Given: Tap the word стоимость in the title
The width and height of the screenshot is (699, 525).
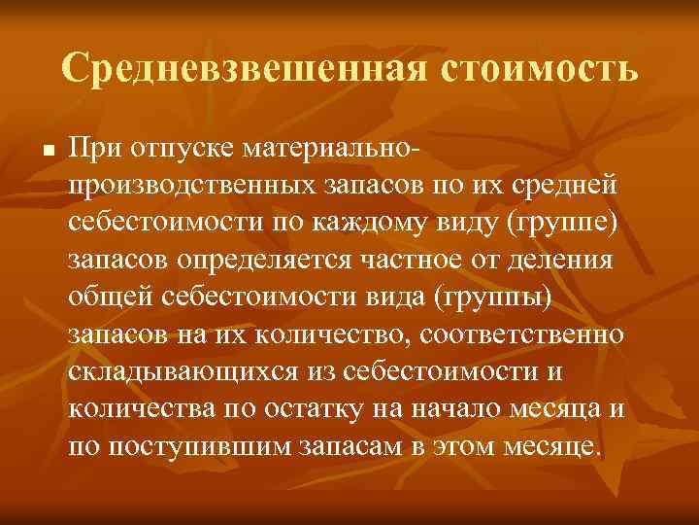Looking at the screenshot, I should coord(542,69).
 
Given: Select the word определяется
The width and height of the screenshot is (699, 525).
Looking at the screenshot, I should coord(274,261).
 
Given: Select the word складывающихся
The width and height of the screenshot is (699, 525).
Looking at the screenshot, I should coord(180,371).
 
